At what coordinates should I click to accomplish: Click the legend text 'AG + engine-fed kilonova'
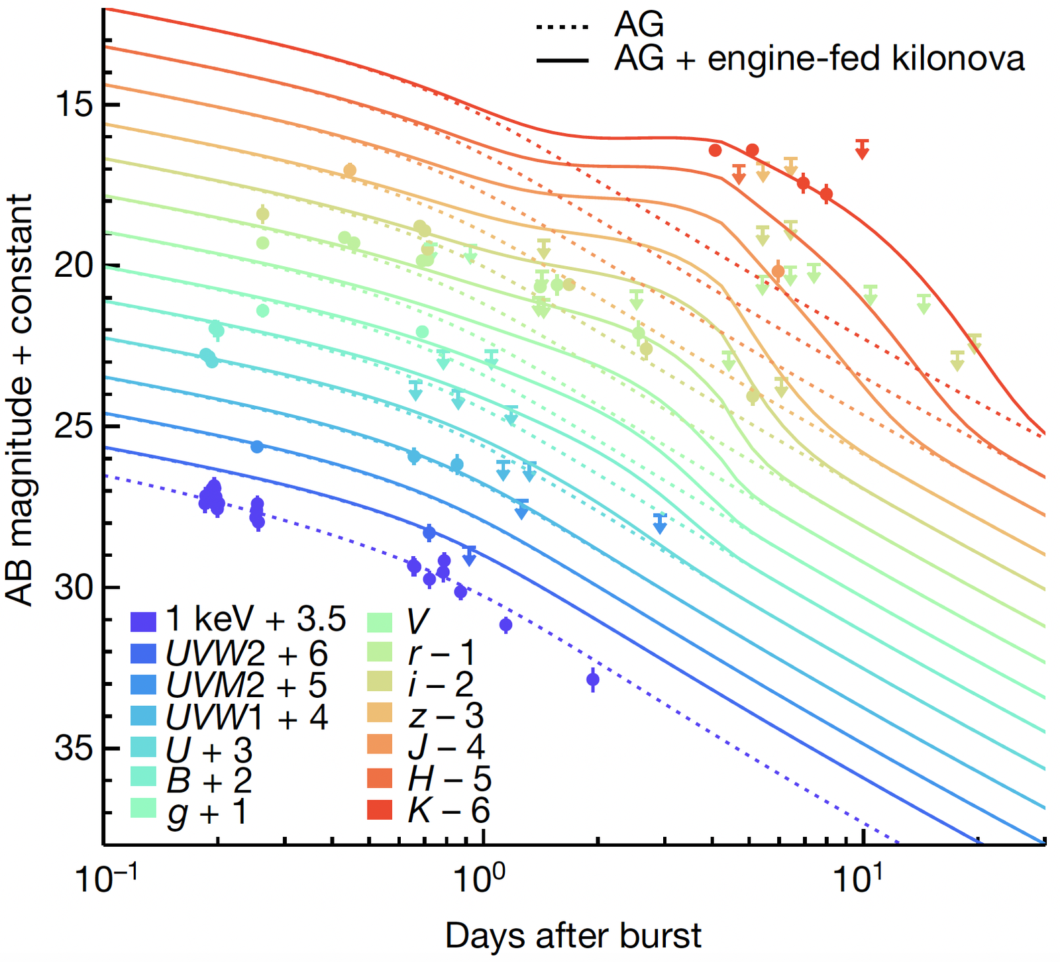(820, 60)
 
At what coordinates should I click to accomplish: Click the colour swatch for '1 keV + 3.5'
(144, 621)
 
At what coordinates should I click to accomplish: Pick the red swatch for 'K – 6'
(380, 810)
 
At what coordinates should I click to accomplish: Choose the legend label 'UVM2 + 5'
(247, 685)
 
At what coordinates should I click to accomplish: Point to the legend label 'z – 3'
(446, 716)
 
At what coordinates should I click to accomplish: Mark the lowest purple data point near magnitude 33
(593, 679)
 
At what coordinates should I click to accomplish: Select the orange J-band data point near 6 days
(778, 271)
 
